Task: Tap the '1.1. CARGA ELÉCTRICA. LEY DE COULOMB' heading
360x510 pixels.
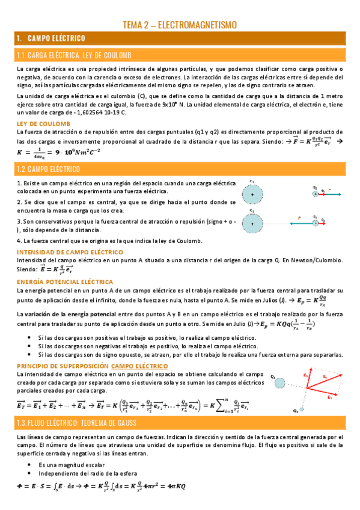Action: [x=84, y=55]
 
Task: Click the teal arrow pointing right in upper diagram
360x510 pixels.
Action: [x=334, y=194]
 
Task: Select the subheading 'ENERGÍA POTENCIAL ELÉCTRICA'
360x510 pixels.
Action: [x=65, y=281]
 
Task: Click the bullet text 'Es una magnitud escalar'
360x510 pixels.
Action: [x=70, y=465]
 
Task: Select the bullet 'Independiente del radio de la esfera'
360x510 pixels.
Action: [x=87, y=474]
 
